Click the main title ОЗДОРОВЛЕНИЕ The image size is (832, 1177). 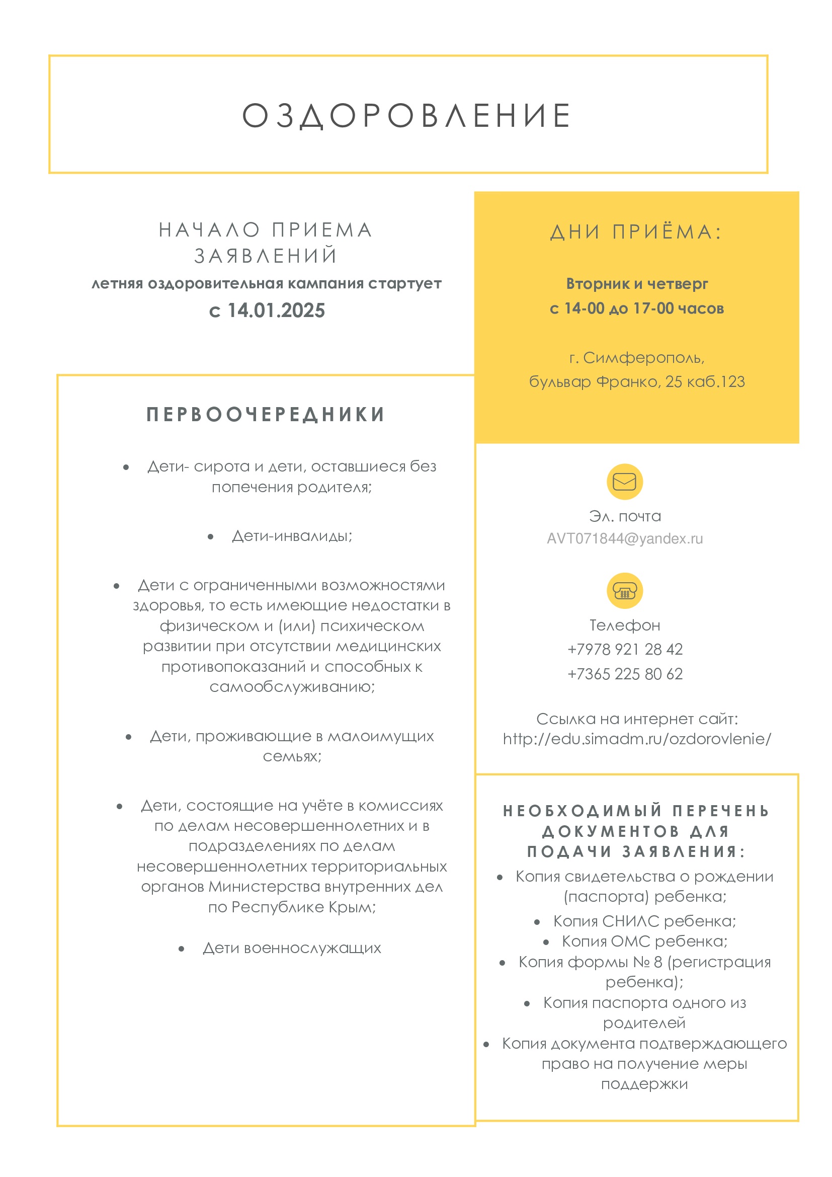[407, 115]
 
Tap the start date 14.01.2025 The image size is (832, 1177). [276, 310]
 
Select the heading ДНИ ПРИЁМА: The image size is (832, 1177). [636, 232]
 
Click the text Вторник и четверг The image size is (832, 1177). [637, 283]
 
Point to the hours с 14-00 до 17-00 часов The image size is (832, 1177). [637, 308]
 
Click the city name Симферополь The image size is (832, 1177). [643, 358]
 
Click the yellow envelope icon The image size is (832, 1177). [625, 482]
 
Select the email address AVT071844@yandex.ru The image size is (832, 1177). [625, 539]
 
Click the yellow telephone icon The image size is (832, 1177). [625, 591]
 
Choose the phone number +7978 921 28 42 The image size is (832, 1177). [625, 650]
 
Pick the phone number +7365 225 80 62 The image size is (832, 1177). [625, 674]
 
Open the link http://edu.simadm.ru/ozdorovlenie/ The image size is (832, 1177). [637, 739]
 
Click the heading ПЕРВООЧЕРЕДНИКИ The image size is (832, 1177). [266, 415]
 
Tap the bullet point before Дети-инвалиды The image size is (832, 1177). [211, 537]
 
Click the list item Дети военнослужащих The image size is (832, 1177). [292, 948]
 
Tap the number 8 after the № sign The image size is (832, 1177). [658, 962]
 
